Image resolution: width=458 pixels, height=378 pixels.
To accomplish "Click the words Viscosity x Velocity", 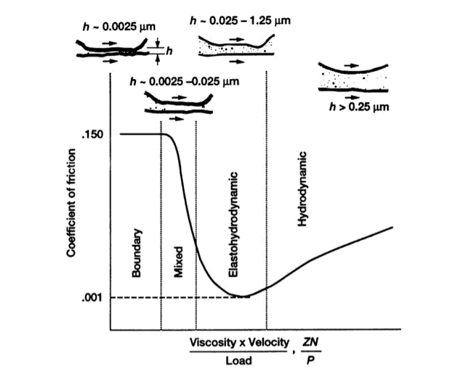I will point(240,343).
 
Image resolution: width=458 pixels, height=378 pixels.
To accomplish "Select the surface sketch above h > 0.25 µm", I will point(353,77).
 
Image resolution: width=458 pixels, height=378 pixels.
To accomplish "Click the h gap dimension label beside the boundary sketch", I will point(169,51).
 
